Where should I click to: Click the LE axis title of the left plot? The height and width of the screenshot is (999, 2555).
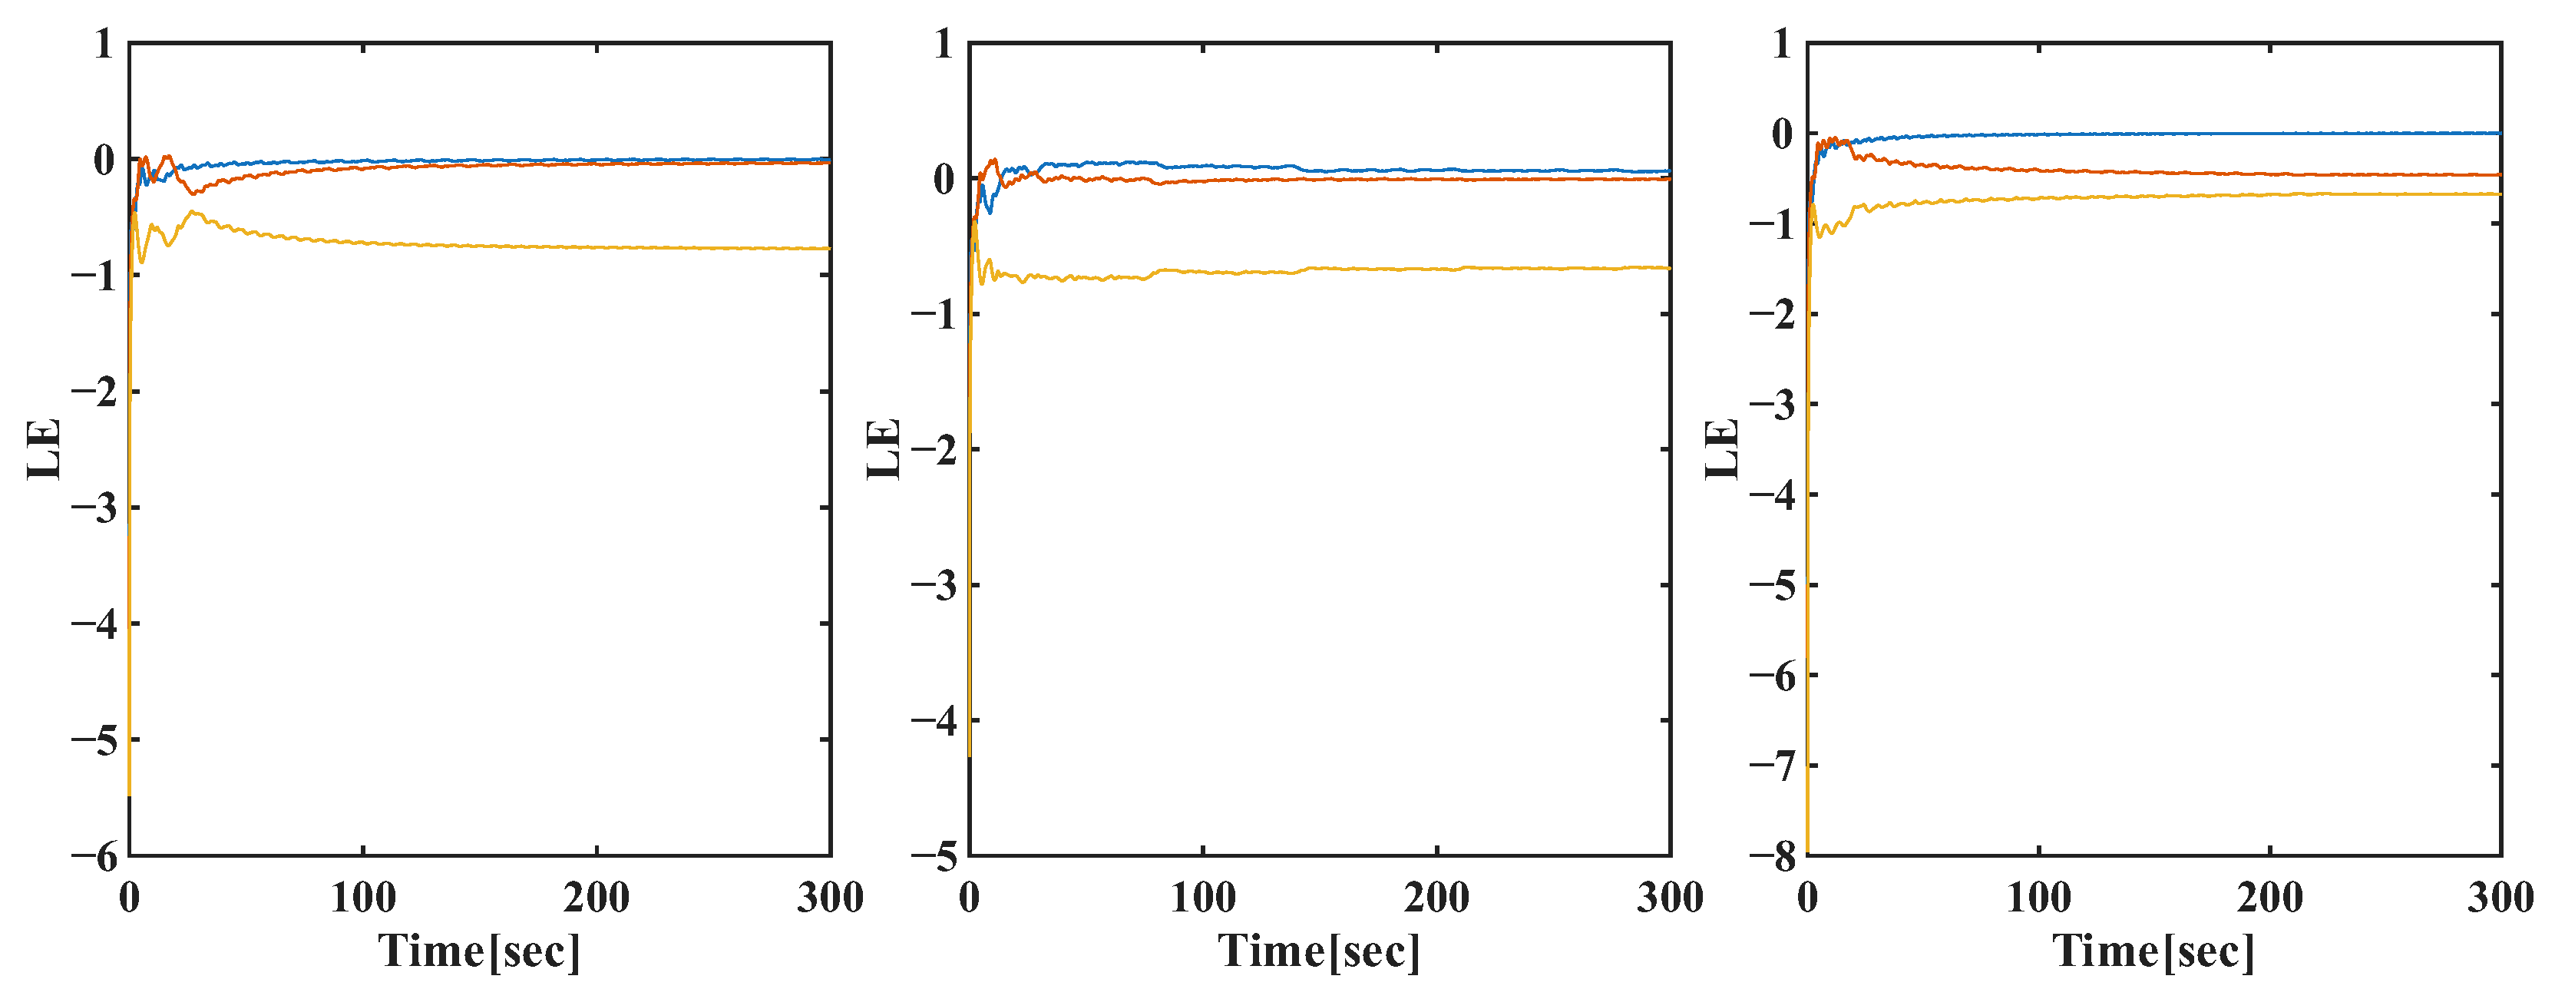point(45,449)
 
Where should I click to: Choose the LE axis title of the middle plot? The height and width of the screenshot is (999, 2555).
point(884,449)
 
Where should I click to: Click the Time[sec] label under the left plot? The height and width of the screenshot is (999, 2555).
point(479,951)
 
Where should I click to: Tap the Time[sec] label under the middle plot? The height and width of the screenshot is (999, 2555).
point(1319,951)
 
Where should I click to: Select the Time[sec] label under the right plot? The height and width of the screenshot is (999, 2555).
point(2153,951)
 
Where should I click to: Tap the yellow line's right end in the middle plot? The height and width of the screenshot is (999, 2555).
point(1668,268)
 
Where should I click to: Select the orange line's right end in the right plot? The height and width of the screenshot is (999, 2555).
point(2498,174)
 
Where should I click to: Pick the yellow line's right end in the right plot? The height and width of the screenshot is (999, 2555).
point(2498,194)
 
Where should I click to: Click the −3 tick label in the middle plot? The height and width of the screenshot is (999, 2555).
point(934,585)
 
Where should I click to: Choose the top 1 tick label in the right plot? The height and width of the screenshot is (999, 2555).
point(1783,45)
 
